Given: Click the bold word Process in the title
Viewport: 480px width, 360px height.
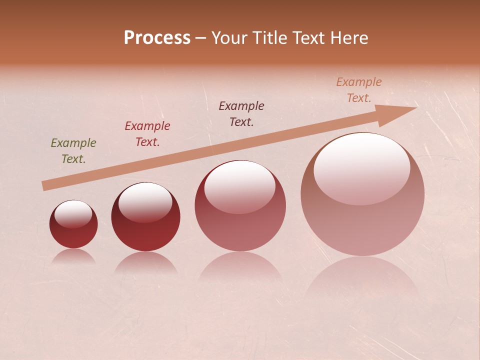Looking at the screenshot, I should (x=157, y=37).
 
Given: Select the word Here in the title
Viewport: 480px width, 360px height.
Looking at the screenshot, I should (x=348, y=37).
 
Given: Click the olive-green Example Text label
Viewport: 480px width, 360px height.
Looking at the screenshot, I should (x=73, y=151).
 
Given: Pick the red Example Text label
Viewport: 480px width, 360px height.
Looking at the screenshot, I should (x=147, y=134).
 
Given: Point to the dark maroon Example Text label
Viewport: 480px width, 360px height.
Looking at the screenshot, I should (x=241, y=113).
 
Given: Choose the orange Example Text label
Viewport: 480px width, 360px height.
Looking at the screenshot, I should (x=359, y=90).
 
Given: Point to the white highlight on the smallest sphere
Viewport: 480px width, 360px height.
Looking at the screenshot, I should (x=73, y=214).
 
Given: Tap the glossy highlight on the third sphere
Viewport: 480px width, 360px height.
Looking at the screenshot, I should (x=240, y=186).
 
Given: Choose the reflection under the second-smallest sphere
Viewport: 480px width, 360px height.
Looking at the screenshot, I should (x=145, y=262).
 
